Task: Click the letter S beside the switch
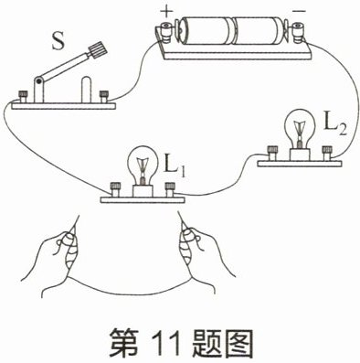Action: tap(58, 41)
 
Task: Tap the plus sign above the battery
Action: tap(167, 12)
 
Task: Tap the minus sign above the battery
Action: tap(299, 11)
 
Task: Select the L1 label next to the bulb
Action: tap(175, 165)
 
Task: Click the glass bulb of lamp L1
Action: tap(143, 164)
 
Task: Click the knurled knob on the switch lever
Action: tap(99, 50)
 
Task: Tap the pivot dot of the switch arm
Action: tap(38, 80)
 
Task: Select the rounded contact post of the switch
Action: tap(87, 90)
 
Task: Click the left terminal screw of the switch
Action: tap(23, 97)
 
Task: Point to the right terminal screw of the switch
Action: tap(104, 97)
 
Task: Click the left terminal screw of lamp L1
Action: tap(115, 189)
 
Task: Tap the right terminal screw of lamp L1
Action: tap(169, 189)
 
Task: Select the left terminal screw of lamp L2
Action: tap(272, 154)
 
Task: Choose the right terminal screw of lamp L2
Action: tap(327, 154)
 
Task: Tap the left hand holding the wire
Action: tap(58, 259)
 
